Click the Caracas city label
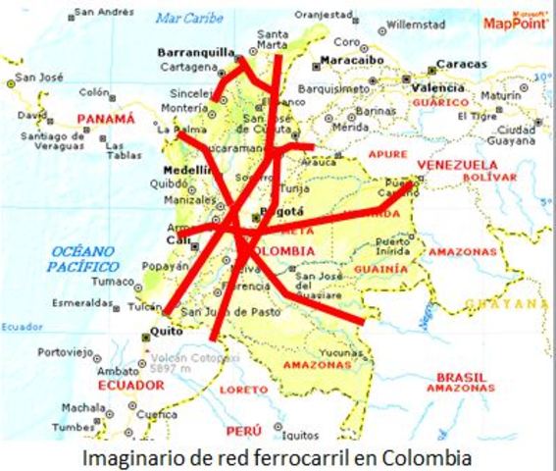pyautogui.click(x=460, y=64)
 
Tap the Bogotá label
pyautogui.click(x=284, y=211)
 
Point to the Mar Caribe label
pyautogui.click(x=188, y=18)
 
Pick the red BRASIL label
pyautogui.click(x=461, y=376)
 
